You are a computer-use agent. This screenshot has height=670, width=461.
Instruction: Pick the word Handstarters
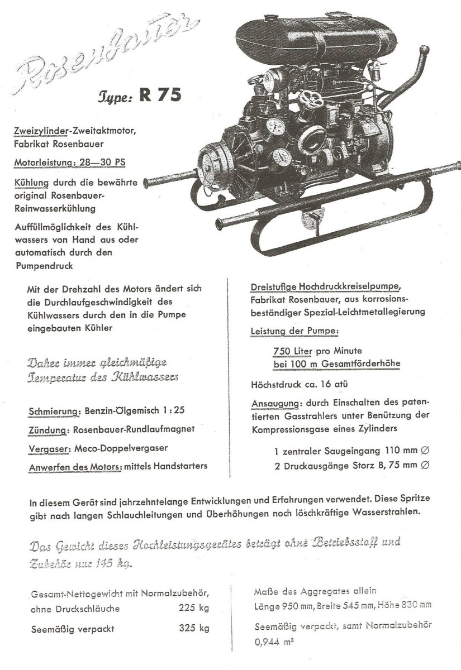(182, 466)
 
